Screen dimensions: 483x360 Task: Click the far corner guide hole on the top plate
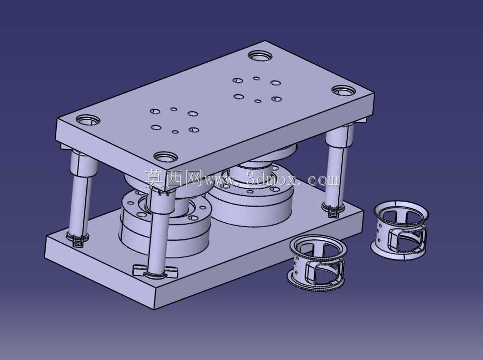(260, 56)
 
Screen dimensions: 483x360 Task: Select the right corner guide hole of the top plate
(344, 91)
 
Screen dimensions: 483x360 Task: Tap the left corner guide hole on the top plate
(88, 120)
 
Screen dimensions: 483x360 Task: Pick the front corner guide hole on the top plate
(166, 157)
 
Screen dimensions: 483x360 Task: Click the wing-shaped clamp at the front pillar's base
(155, 271)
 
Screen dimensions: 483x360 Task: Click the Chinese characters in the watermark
(174, 179)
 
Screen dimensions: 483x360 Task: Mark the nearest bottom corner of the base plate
(154, 309)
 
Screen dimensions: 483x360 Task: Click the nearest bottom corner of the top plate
(165, 191)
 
